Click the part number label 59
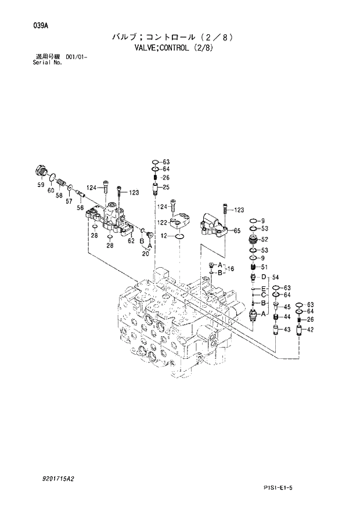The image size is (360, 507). tap(41, 185)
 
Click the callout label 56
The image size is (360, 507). tap(80, 207)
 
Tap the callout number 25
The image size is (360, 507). tap(165, 187)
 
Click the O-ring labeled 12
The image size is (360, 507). tap(180, 236)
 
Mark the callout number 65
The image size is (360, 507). tap(237, 231)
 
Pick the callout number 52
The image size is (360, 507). tap(264, 239)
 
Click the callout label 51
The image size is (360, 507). tap(264, 267)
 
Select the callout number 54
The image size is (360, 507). tap(276, 276)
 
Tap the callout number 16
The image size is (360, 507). tap(231, 269)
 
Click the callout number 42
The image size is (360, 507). tap(311, 330)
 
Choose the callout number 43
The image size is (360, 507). tap(287, 330)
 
